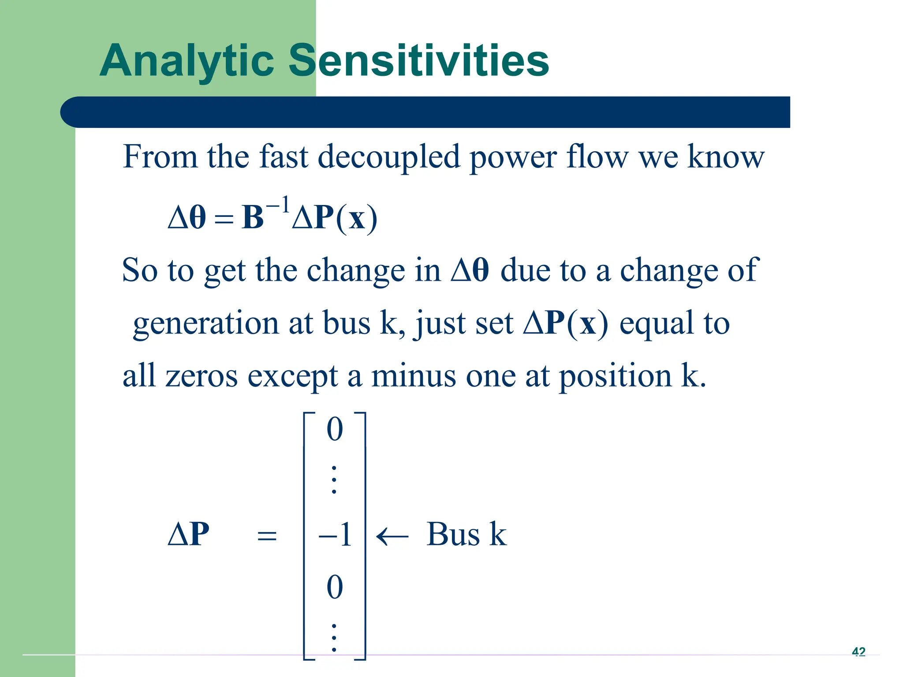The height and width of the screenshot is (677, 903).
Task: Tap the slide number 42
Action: (858, 651)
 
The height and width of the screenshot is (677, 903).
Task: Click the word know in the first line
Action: (726, 157)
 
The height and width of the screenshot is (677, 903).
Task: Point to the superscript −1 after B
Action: (278, 205)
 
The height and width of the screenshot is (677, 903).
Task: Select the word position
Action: (615, 377)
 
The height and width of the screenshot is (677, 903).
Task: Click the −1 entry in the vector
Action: (335, 535)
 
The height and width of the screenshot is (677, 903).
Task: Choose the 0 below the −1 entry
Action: (335, 587)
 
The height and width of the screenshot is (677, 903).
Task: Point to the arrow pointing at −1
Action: (392, 536)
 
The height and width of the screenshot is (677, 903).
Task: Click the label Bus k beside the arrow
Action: (466, 535)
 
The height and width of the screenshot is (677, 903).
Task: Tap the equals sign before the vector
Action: (267, 536)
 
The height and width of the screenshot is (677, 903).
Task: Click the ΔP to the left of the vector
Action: (189, 535)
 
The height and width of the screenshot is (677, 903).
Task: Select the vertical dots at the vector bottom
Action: (334, 638)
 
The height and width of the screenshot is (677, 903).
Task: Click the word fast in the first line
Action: (283, 157)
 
